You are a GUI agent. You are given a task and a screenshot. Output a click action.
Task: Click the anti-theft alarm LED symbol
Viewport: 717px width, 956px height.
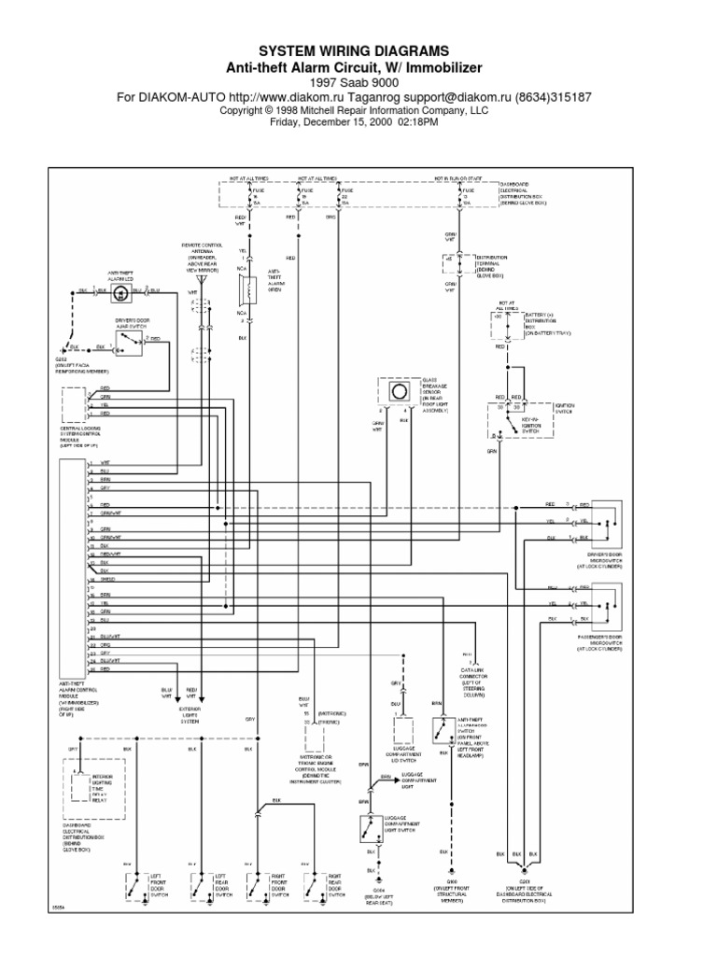(119, 293)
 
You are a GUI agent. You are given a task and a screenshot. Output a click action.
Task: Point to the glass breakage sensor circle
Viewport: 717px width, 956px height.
(399, 393)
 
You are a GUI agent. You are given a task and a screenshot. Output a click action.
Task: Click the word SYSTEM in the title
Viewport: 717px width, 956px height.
(288, 50)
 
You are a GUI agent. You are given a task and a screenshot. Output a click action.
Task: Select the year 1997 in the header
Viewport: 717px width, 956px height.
(320, 82)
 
